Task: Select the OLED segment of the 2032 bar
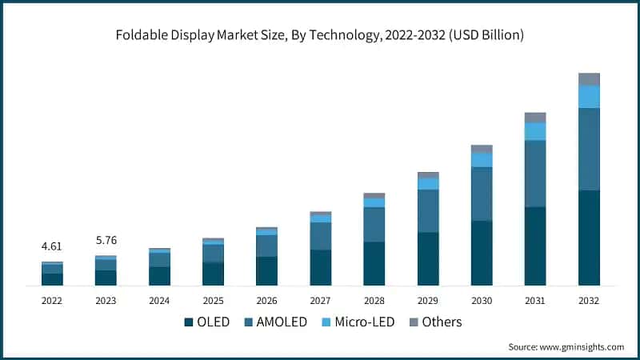(x=589, y=238)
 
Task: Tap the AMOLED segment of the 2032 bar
(x=589, y=149)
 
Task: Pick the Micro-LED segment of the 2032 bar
(x=589, y=96)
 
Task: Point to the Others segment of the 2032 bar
(x=589, y=78)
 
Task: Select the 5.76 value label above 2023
(x=106, y=240)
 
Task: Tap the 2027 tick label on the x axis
(x=320, y=301)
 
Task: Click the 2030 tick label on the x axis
(x=482, y=301)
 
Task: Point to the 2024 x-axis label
(x=159, y=301)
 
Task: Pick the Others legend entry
(x=435, y=322)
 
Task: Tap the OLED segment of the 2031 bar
(x=535, y=246)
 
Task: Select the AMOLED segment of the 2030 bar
(x=482, y=194)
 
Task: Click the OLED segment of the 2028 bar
(x=374, y=263)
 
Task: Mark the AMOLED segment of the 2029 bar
(x=428, y=211)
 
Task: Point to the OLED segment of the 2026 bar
(x=266, y=270)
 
